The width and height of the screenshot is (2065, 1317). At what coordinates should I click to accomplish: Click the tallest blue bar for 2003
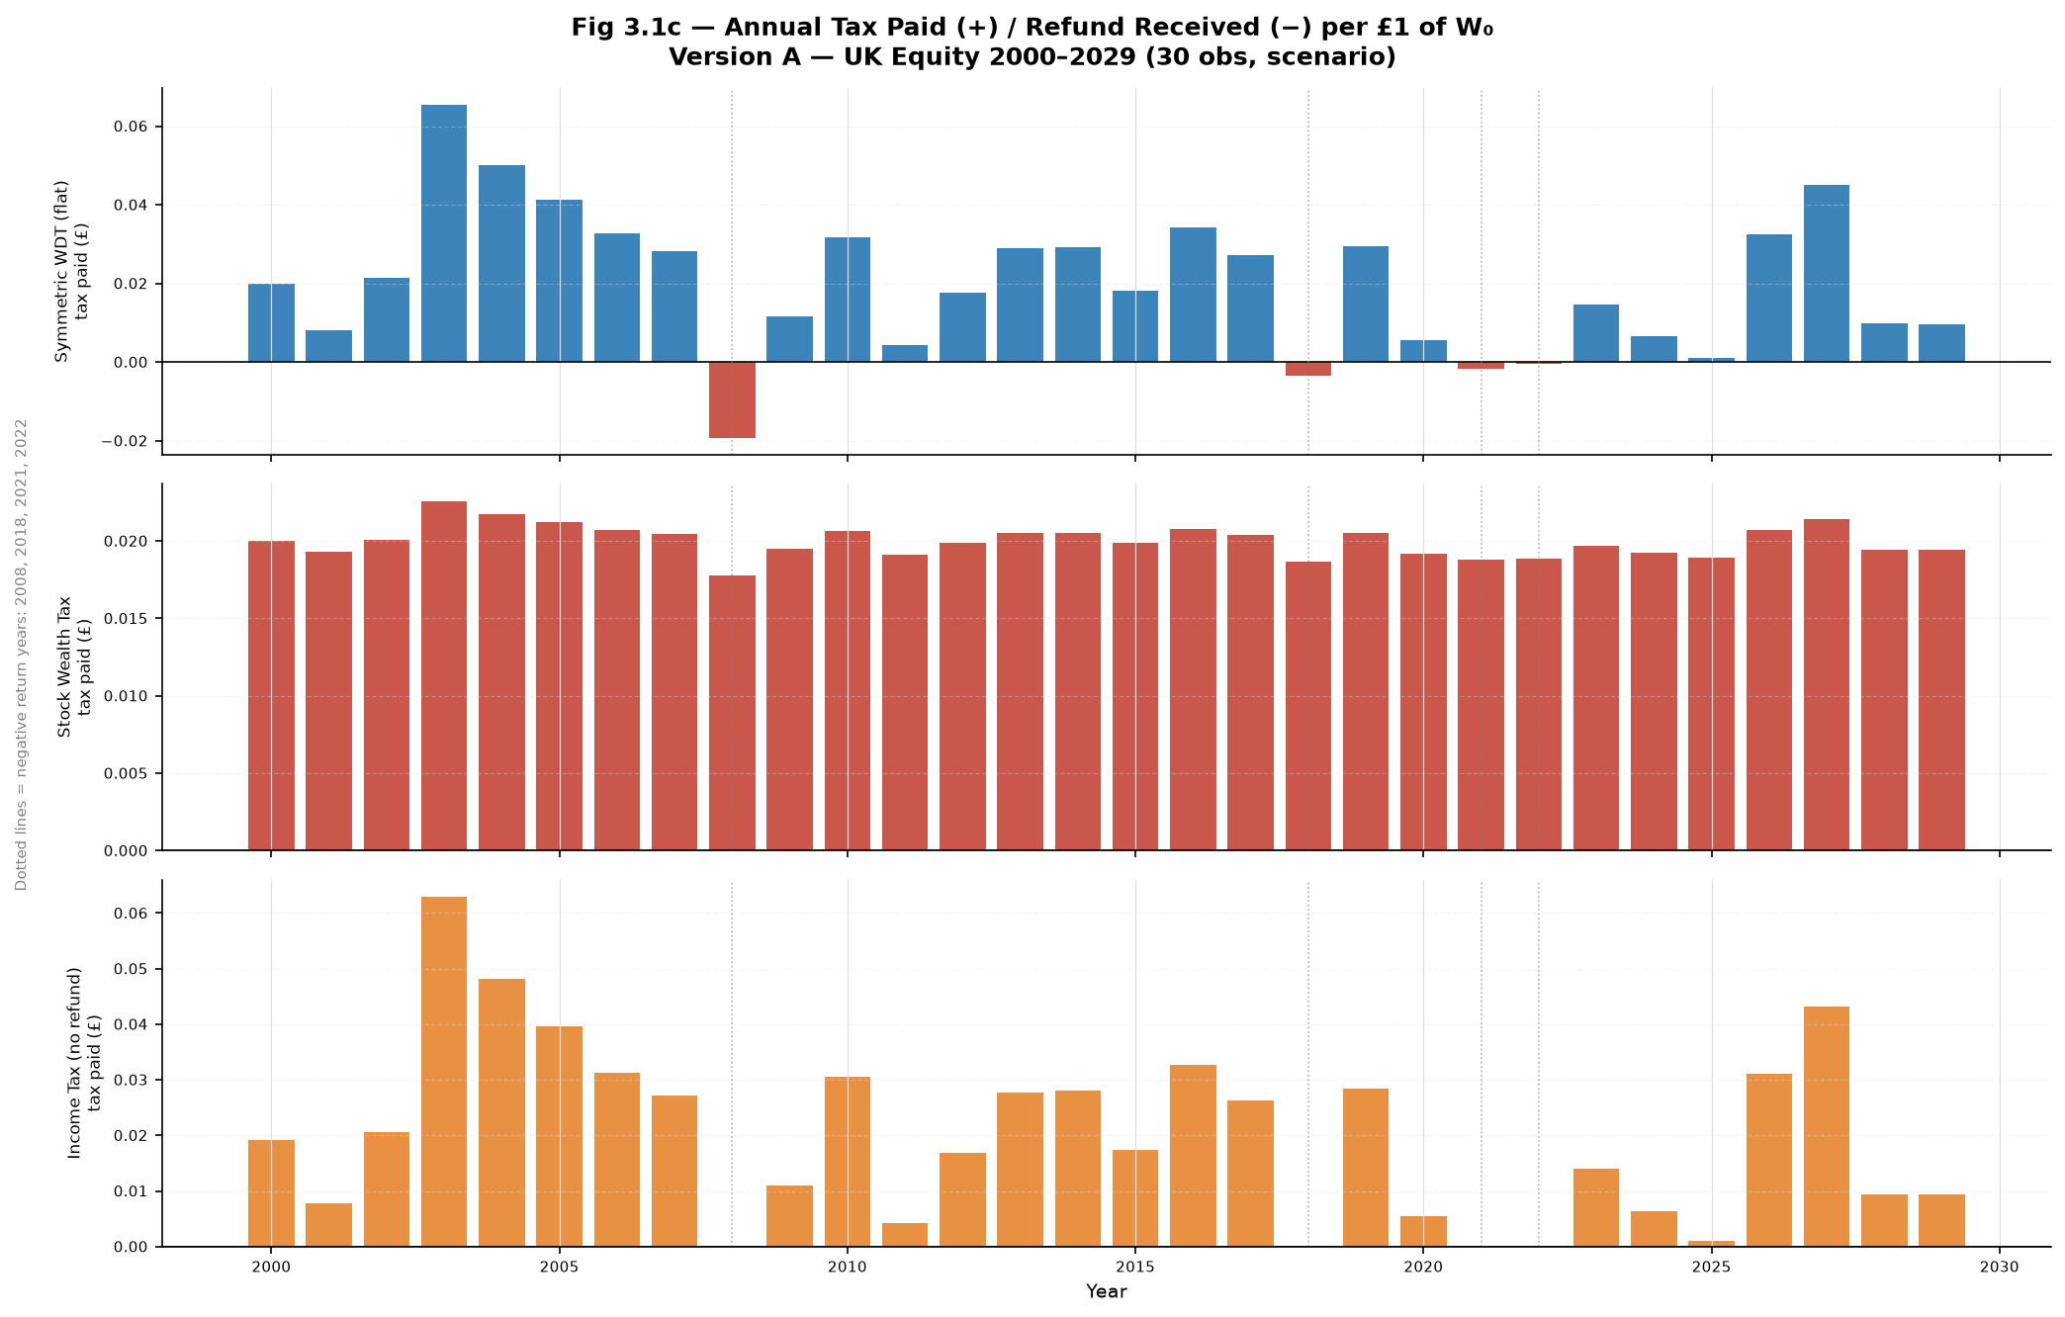point(444,233)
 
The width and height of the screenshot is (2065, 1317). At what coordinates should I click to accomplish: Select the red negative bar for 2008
point(732,399)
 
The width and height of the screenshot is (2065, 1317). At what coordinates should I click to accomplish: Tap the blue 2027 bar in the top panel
point(1827,273)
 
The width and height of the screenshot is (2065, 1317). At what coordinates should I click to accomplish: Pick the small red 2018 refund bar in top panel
point(1308,369)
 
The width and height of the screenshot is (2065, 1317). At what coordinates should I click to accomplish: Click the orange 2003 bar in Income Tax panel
point(444,1072)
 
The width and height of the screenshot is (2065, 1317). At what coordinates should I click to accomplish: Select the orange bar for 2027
point(1827,1126)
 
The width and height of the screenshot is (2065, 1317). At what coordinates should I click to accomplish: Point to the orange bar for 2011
point(905,1235)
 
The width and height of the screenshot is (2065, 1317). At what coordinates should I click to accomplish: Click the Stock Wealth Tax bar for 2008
point(732,713)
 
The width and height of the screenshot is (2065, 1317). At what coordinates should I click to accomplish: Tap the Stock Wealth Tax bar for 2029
point(1941,700)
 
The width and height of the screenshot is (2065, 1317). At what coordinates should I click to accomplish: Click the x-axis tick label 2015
point(1135,1267)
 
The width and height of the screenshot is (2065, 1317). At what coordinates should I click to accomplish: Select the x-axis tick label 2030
point(2000,1267)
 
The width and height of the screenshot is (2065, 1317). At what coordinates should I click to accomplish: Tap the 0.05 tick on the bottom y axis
point(133,969)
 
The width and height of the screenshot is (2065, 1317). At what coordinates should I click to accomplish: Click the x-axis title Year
point(1107,1291)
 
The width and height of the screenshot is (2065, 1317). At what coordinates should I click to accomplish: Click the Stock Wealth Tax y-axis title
point(74,666)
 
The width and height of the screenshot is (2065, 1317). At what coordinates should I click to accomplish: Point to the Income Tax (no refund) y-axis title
point(84,1063)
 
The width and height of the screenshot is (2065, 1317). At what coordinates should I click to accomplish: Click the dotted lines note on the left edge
point(21,655)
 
